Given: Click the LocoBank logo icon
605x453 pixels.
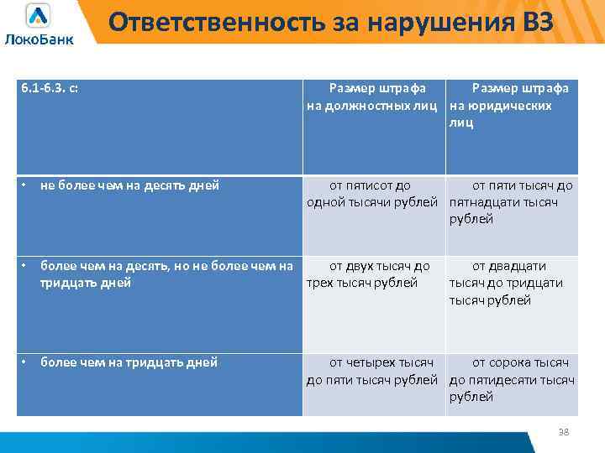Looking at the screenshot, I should click(38, 16).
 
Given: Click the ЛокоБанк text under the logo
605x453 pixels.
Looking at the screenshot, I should click(39, 39).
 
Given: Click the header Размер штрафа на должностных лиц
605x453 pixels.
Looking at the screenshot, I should click(373, 96).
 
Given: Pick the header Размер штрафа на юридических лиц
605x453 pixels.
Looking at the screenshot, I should click(510, 105).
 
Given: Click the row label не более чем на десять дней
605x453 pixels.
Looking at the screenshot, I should click(129, 185).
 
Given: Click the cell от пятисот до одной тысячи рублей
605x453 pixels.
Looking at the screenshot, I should click(373, 194).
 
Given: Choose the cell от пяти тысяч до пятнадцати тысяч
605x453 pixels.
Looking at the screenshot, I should click(510, 202).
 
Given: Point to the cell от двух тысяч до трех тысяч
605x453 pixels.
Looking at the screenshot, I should click(373, 274).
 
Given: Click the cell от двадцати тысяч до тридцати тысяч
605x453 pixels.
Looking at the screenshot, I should click(510, 283).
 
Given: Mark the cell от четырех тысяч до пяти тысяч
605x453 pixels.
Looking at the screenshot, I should click(373, 371).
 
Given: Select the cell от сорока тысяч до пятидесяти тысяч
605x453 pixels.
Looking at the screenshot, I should click(510, 379).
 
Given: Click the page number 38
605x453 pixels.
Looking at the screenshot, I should click(564, 431).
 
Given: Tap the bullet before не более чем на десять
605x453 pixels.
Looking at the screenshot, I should click(25, 185).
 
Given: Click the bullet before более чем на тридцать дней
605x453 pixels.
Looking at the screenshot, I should click(25, 362).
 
